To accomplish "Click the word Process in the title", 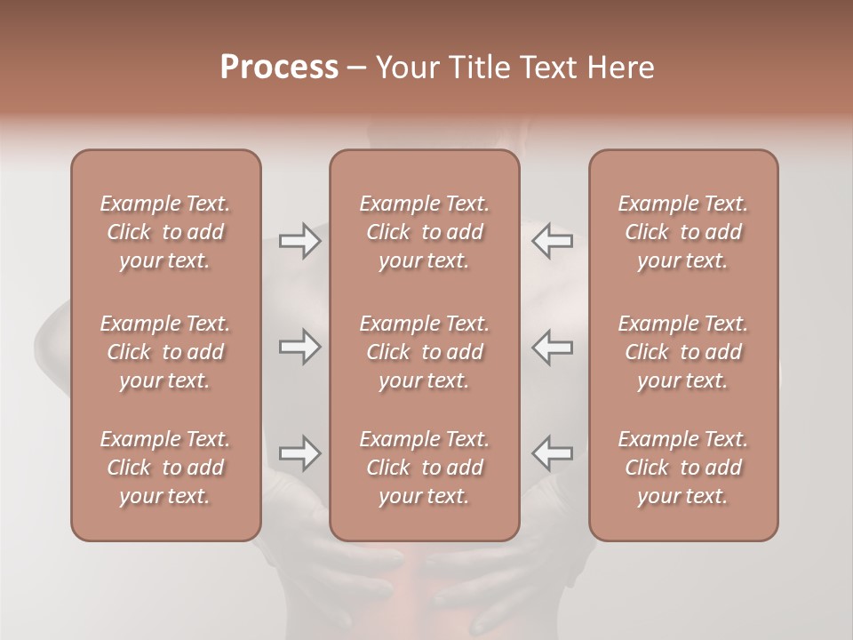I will pos(279,68).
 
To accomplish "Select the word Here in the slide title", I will pos(619,68).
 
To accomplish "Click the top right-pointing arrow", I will pos(299,241).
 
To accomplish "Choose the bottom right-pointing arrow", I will pos(299,453).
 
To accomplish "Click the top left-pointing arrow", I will pos(552,241).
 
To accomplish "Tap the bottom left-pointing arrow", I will pos(552,453).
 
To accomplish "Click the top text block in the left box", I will pos(165,232).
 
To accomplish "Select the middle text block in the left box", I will pos(165,352).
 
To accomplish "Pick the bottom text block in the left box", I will pos(165,468).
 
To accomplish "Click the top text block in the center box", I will pos(424,232).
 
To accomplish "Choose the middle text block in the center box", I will pos(424,352).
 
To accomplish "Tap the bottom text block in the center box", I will pos(424,468).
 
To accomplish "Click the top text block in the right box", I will pos(682,232).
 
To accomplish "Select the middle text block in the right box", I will pos(682,352).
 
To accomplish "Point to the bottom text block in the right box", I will pos(682,468).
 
